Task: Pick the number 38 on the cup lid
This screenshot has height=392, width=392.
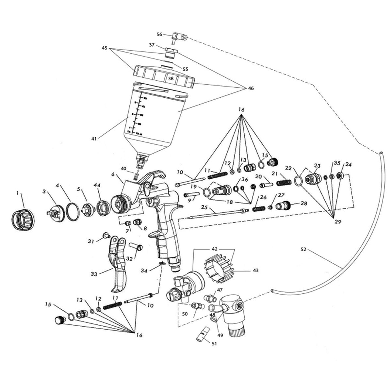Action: pyautogui.click(x=171, y=79)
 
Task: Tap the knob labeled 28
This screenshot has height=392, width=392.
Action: pyautogui.click(x=283, y=206)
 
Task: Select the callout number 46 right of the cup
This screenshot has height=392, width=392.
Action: pyautogui.click(x=251, y=88)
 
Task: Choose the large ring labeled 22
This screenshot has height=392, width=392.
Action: pyautogui.click(x=298, y=180)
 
